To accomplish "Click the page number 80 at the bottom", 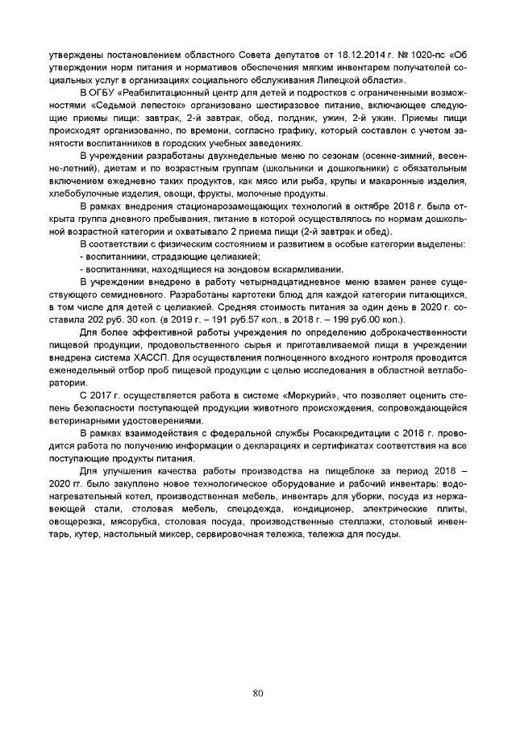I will click(x=258, y=692).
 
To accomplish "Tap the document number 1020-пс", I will click(x=428, y=55).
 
